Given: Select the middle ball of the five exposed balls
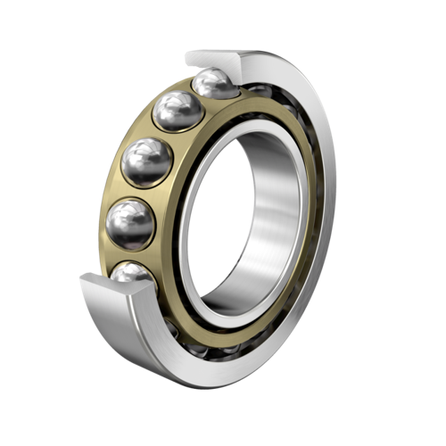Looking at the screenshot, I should [147, 161].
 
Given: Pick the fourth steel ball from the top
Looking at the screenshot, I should [130, 222].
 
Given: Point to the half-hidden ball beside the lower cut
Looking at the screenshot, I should [134, 274].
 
